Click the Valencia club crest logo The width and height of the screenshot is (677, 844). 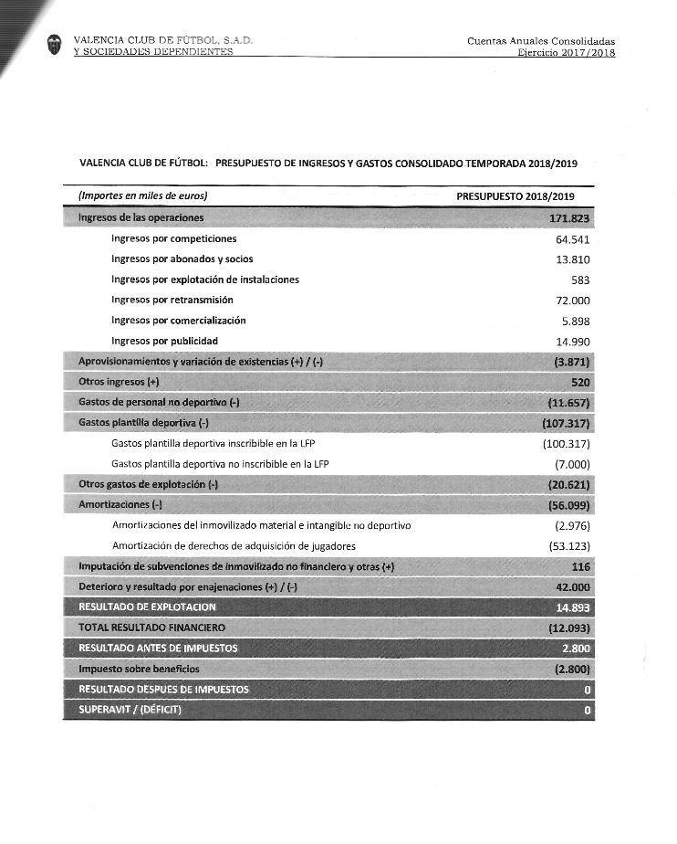(56, 45)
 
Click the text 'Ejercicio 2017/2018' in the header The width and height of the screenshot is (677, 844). (566, 53)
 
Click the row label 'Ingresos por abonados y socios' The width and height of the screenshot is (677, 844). (182, 259)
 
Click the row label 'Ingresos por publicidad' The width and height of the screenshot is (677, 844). (164, 341)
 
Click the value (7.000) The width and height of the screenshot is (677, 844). (571, 464)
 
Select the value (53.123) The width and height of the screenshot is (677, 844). (569, 546)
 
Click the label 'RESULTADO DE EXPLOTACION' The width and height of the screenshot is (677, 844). (148, 607)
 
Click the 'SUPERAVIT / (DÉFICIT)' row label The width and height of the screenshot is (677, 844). (130, 710)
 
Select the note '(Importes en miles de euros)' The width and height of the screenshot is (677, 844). (143, 195)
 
